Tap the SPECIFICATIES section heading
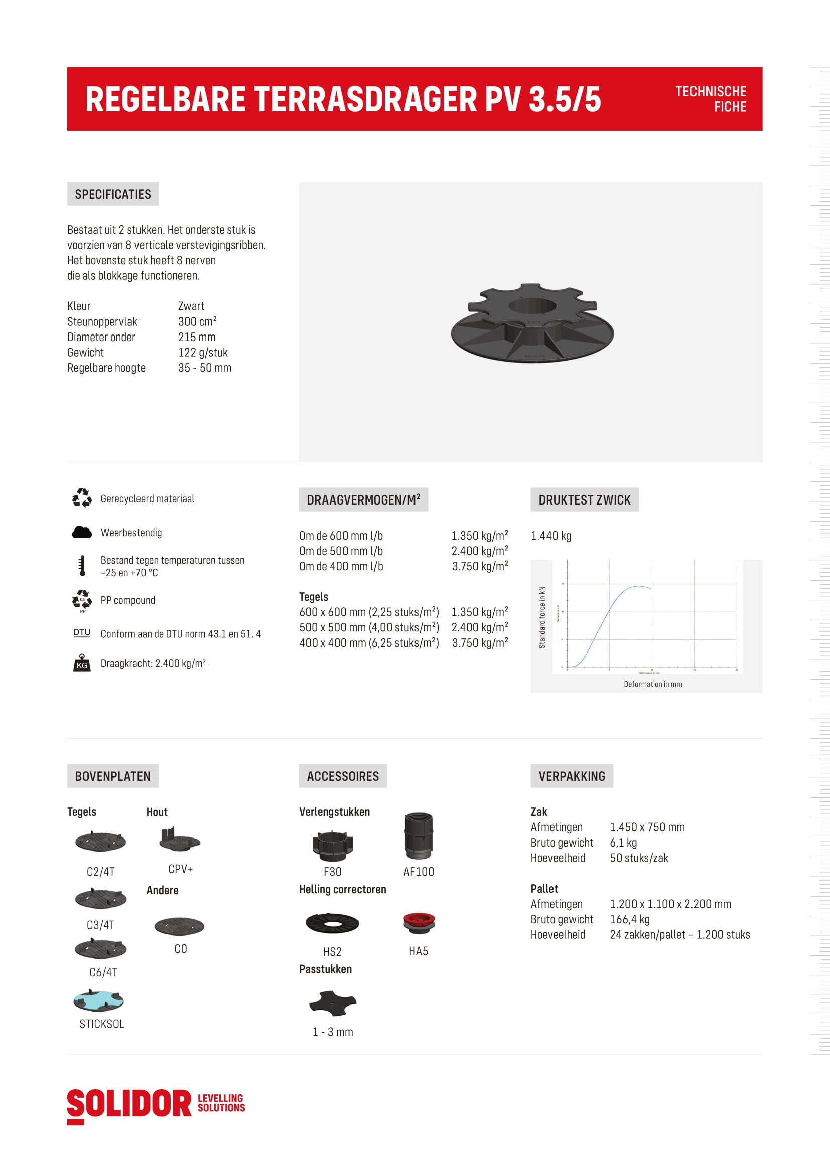[x=113, y=194]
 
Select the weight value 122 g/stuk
[x=203, y=353]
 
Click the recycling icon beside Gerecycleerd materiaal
[x=82, y=498]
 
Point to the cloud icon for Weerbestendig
[x=82, y=533]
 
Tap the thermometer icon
[x=82, y=566]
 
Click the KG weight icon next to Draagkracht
[x=82, y=663]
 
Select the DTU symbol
[x=82, y=633]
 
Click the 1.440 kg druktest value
[x=551, y=536]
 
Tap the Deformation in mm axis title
[x=653, y=684]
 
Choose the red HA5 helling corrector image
[x=419, y=922]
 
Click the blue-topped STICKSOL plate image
[x=99, y=1001]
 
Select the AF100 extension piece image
[x=419, y=835]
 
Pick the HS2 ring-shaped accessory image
[x=332, y=923]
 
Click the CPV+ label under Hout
[x=181, y=869]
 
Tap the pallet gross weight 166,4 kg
[x=630, y=920]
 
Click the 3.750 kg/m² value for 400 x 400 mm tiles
[x=479, y=643]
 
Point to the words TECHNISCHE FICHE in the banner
[x=711, y=99]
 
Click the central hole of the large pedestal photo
[x=532, y=306]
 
